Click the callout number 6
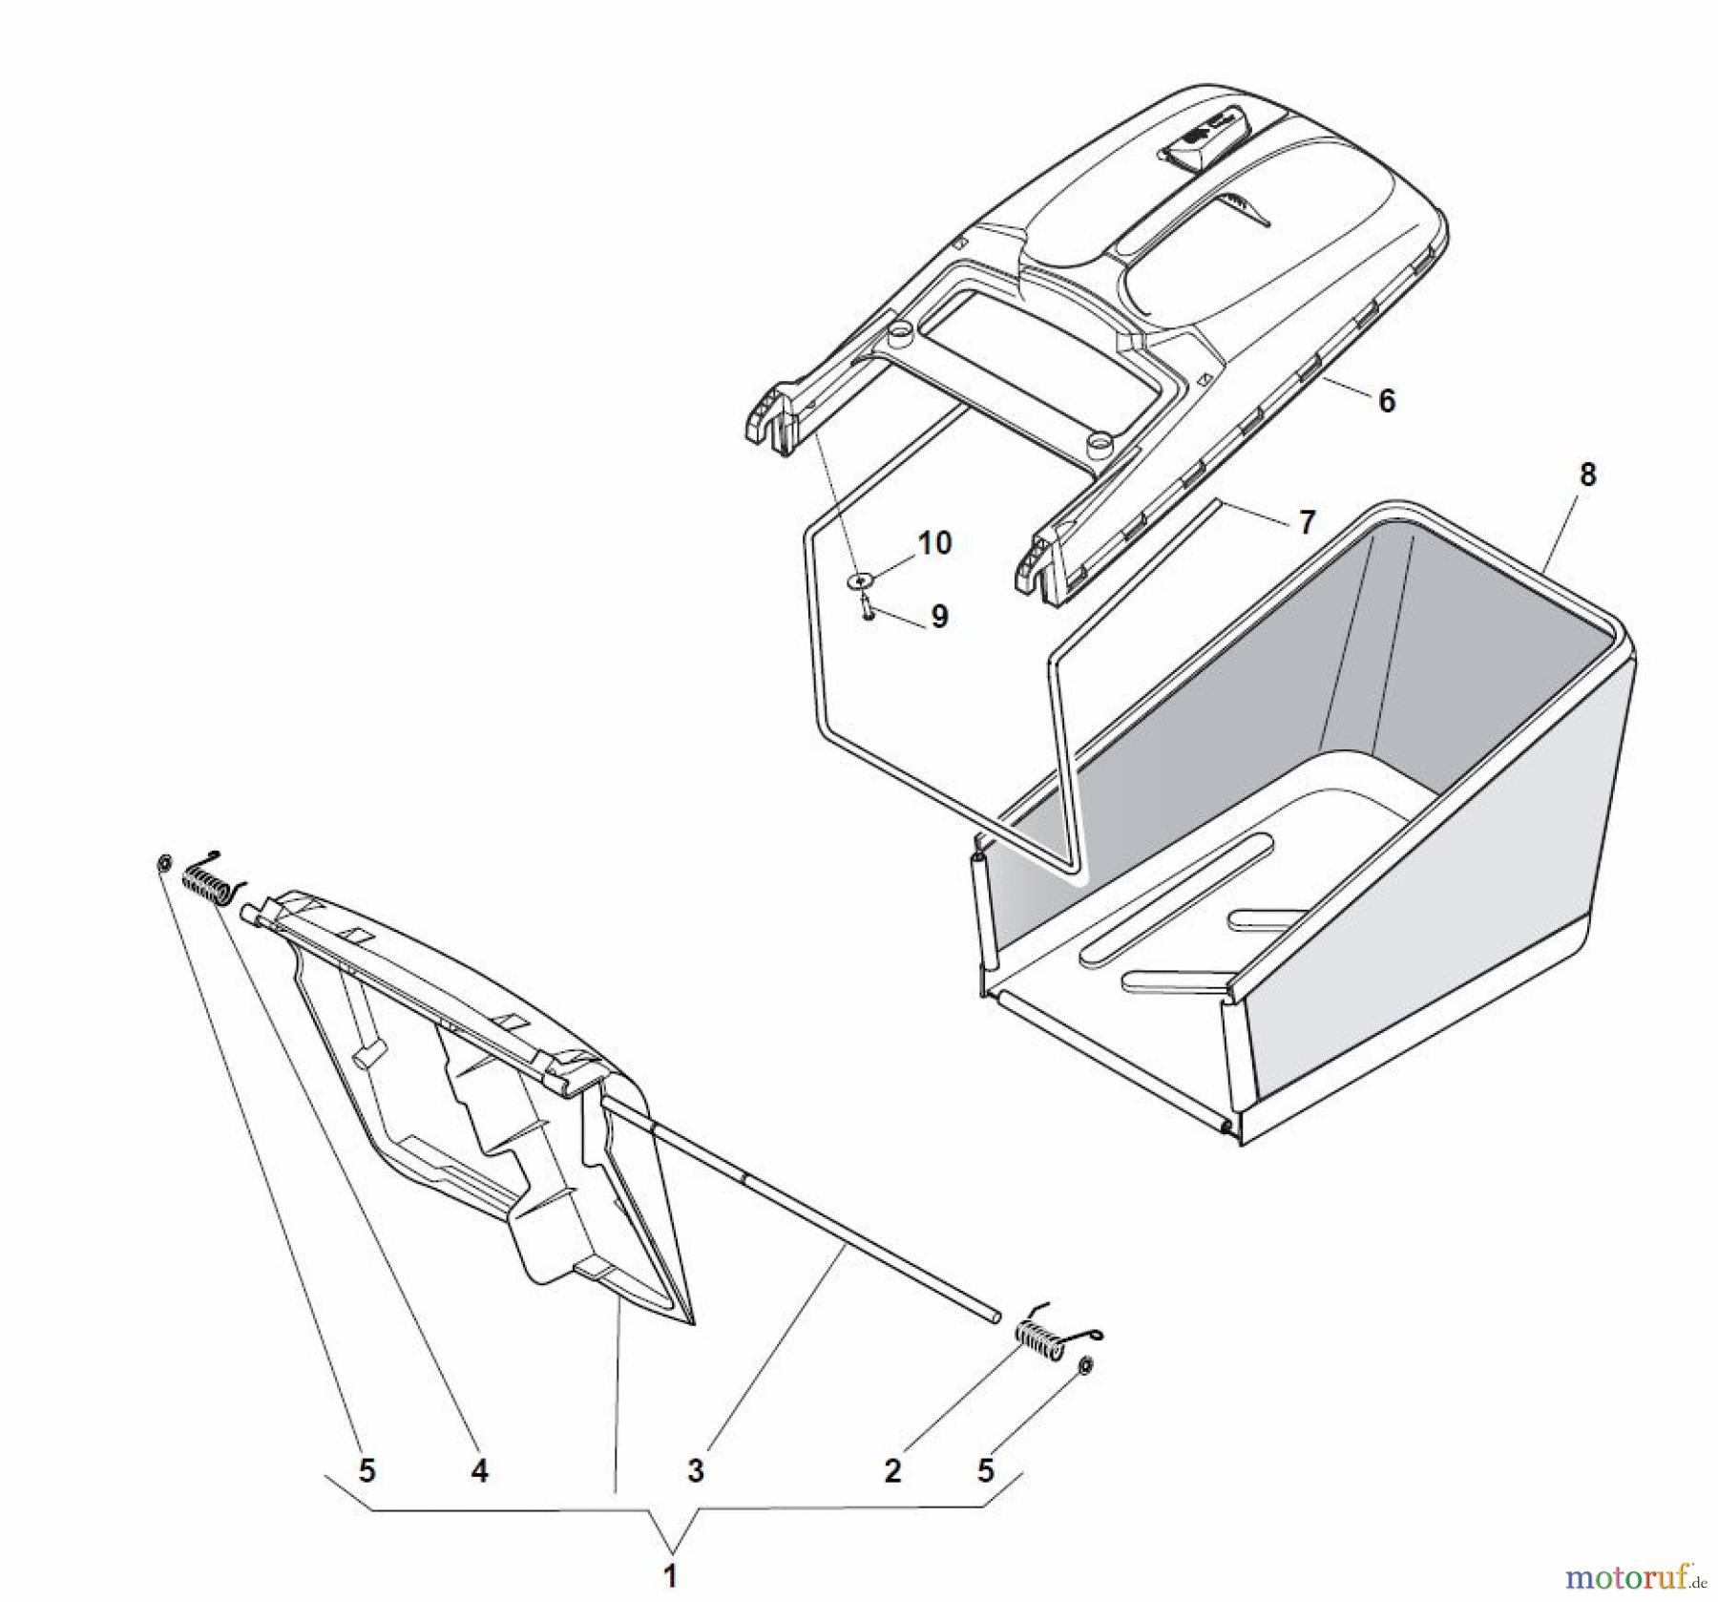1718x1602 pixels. point(1387,400)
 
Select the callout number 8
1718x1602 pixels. point(1588,475)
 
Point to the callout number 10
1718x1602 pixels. point(934,542)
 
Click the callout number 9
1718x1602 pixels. point(939,617)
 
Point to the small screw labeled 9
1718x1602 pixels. point(866,606)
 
